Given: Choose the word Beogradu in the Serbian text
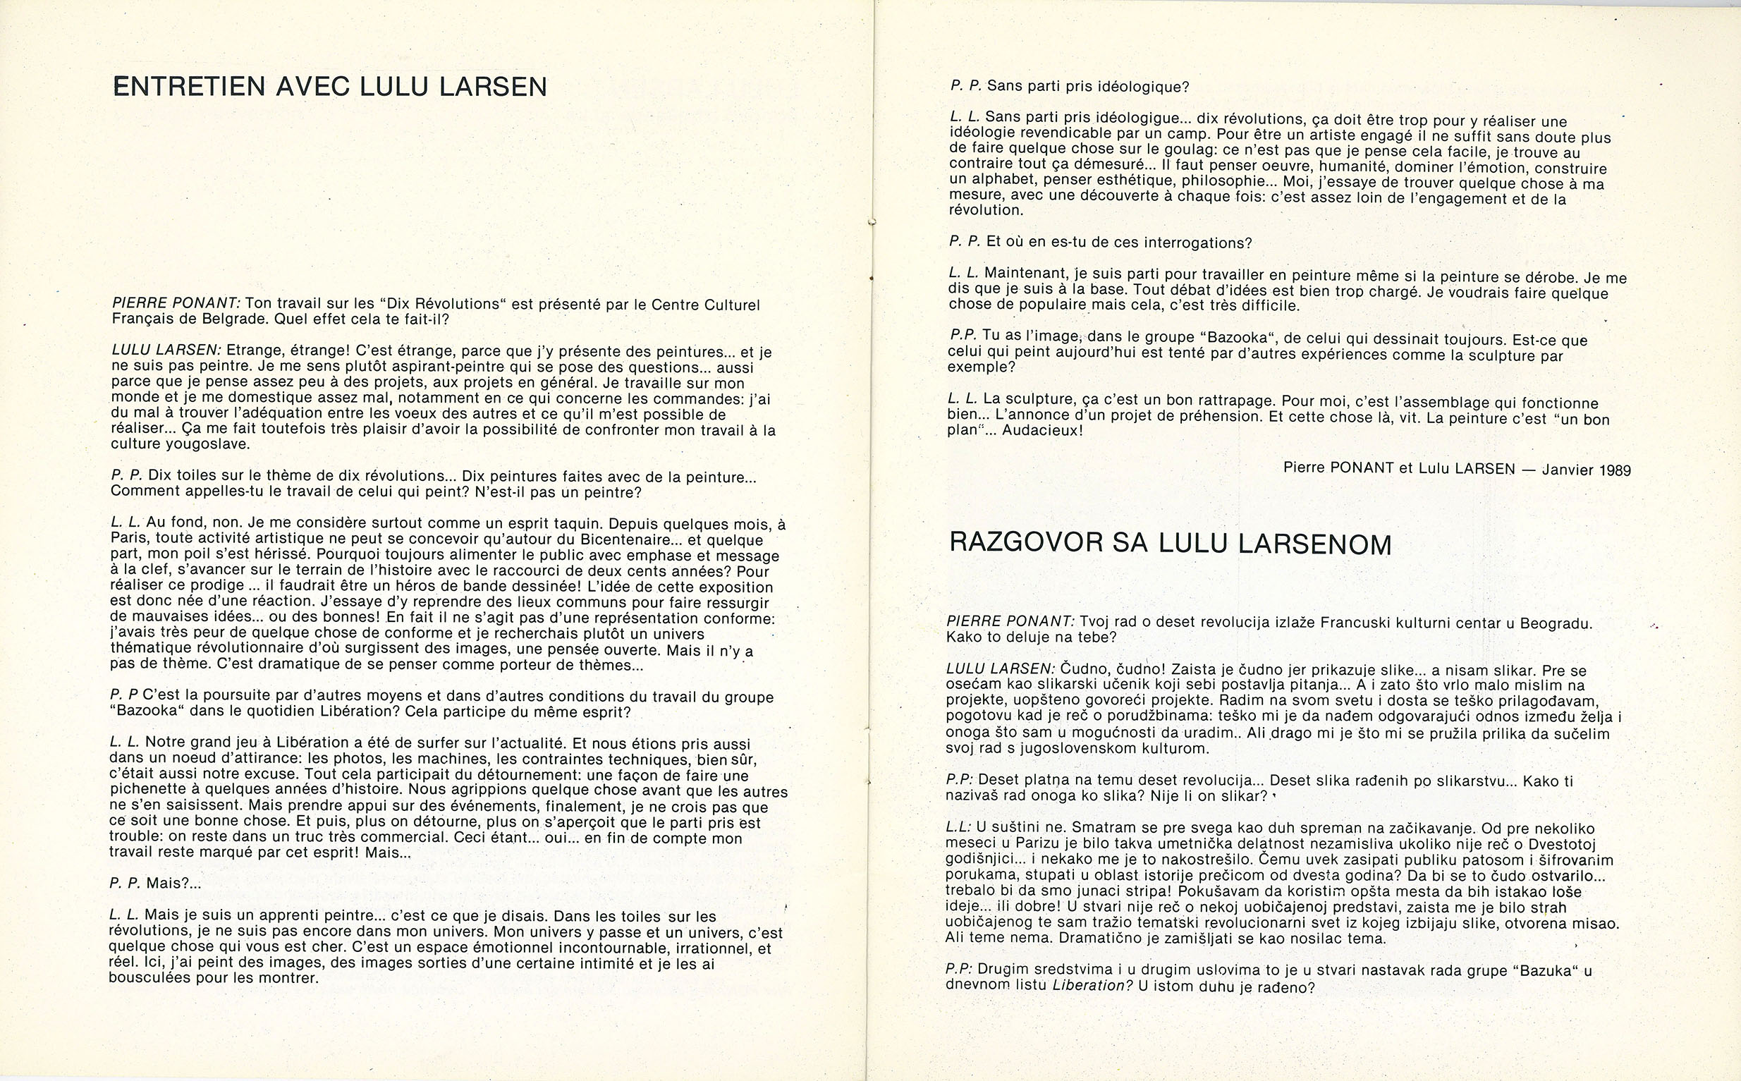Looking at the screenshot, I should coord(1559,623).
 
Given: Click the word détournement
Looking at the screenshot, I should coord(423,774).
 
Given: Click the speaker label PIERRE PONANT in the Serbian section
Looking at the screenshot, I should coord(1010,621).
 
